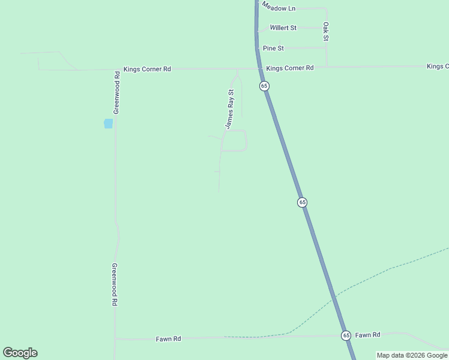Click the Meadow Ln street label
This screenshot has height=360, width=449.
(279, 8)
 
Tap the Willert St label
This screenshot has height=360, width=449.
(283, 28)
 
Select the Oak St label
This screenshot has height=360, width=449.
(326, 32)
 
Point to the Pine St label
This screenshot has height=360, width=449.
(273, 48)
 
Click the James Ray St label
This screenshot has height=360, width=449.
(229, 109)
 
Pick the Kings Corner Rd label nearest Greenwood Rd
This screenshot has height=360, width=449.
(147, 69)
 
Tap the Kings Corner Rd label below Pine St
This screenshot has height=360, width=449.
(290, 68)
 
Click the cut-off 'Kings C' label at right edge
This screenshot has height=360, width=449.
(438, 66)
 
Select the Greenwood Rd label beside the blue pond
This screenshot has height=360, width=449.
(117, 93)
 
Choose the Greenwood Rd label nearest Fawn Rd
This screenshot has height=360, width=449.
(114, 284)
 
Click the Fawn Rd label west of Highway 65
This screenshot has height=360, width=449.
(168, 339)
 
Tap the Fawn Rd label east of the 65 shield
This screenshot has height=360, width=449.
(367, 335)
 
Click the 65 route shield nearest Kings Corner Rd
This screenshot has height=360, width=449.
(264, 86)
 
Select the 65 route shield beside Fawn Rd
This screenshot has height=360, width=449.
(346, 335)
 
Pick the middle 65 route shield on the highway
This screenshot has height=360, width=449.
(302, 202)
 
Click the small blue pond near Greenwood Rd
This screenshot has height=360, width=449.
(108, 124)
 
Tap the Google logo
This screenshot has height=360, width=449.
(20, 353)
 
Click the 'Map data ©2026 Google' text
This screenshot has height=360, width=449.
(412, 355)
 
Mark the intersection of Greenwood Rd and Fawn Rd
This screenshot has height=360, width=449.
(115, 339)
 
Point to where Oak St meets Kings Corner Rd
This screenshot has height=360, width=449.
(327, 66)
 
